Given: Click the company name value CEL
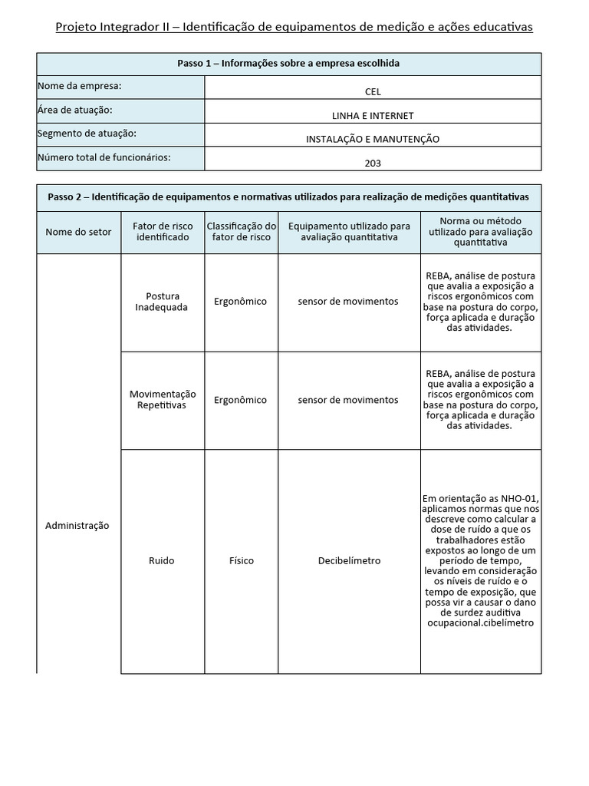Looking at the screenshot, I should point(373,92).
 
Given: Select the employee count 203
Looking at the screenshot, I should point(373,163).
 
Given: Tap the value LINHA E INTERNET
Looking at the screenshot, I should point(373,116).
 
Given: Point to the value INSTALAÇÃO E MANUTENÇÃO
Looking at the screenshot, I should point(373,139).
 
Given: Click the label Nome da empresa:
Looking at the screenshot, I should point(79,86).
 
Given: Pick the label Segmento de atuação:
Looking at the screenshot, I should point(87,134).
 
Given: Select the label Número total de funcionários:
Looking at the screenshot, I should point(104,157).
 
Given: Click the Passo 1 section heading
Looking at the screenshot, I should point(288,64).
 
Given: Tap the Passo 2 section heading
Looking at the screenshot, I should point(288,196).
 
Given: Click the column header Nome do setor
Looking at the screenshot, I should point(78,232).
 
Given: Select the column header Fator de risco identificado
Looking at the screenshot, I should point(161,232).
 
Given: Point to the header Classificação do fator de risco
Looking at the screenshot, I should point(241,232).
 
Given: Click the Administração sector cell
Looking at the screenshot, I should point(77,526).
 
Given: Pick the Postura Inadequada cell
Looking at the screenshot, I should point(162,302).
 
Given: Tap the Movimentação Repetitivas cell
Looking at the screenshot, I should point(162,399).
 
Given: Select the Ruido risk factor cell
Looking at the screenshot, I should point(162,560).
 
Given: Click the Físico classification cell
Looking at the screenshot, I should point(241,560).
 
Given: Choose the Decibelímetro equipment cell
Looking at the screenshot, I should point(349,560).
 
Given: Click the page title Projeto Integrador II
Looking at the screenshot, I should point(294,28).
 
